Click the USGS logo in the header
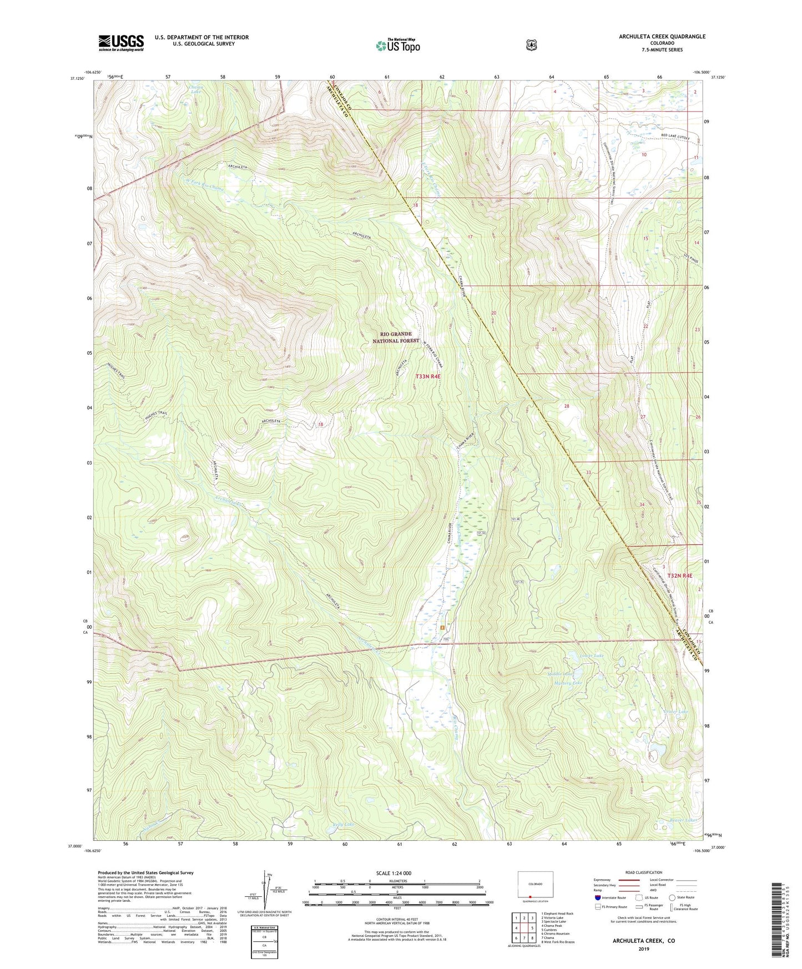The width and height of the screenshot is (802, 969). pyautogui.click(x=121, y=43)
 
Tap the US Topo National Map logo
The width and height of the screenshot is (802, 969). pyautogui.click(x=397, y=46)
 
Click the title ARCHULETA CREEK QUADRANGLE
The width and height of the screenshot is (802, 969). pyautogui.click(x=662, y=37)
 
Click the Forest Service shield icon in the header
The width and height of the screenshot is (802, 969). pyautogui.click(x=531, y=45)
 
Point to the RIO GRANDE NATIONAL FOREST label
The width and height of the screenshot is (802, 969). pyautogui.click(x=396, y=337)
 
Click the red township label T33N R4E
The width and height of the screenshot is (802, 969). pyautogui.click(x=428, y=376)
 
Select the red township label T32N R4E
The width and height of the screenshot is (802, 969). pyautogui.click(x=679, y=576)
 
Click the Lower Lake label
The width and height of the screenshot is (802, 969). pyautogui.click(x=592, y=655)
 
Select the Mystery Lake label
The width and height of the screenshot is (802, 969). pyautogui.click(x=568, y=683)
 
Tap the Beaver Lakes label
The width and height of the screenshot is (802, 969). pyautogui.click(x=682, y=819)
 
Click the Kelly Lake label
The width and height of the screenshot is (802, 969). pyautogui.click(x=342, y=824)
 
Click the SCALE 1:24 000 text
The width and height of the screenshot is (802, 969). pyautogui.click(x=394, y=873)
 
